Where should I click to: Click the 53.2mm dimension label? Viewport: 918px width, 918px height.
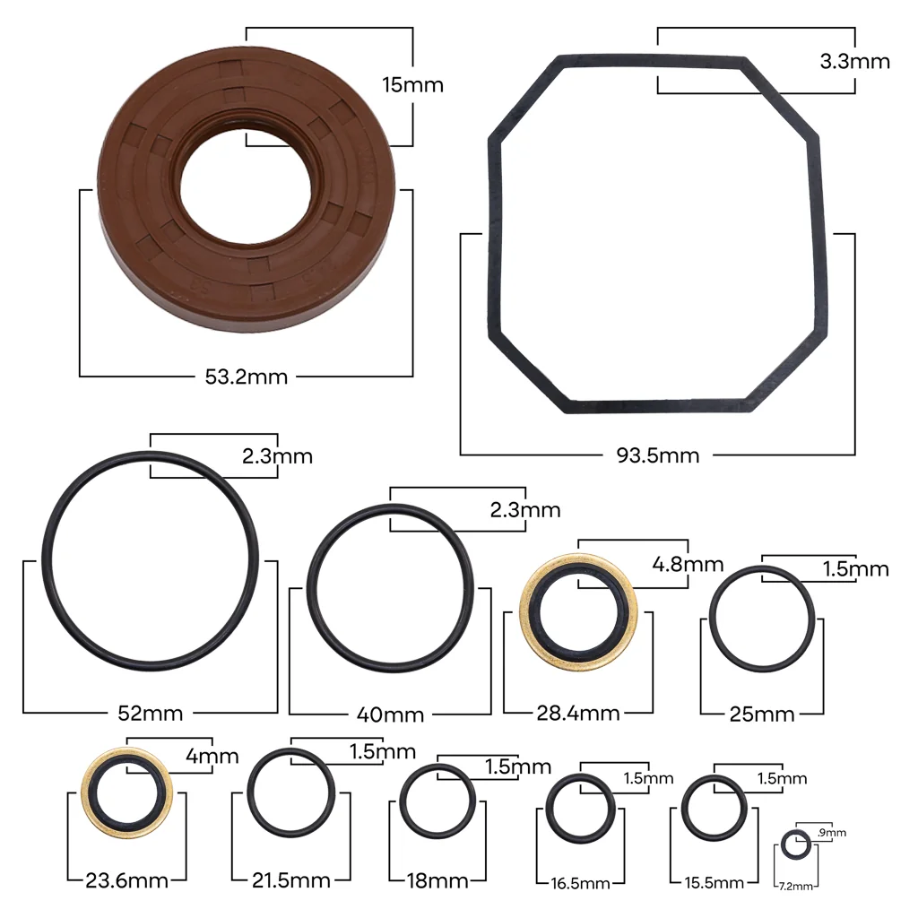coord(246,377)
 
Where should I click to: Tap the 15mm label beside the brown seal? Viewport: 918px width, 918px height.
coord(412,85)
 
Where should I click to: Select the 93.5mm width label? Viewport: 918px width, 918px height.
coord(657,455)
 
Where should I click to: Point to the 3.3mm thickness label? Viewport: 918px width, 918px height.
coord(854,61)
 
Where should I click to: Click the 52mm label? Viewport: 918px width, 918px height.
coord(151,713)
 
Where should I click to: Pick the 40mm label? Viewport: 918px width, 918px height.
coord(390,714)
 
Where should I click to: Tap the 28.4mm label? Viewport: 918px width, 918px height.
coord(578,713)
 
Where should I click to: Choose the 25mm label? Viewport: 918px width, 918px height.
coord(762,714)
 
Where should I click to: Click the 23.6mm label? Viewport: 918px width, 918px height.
coord(127,880)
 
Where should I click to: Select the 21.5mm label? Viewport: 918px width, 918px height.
coord(291,880)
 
